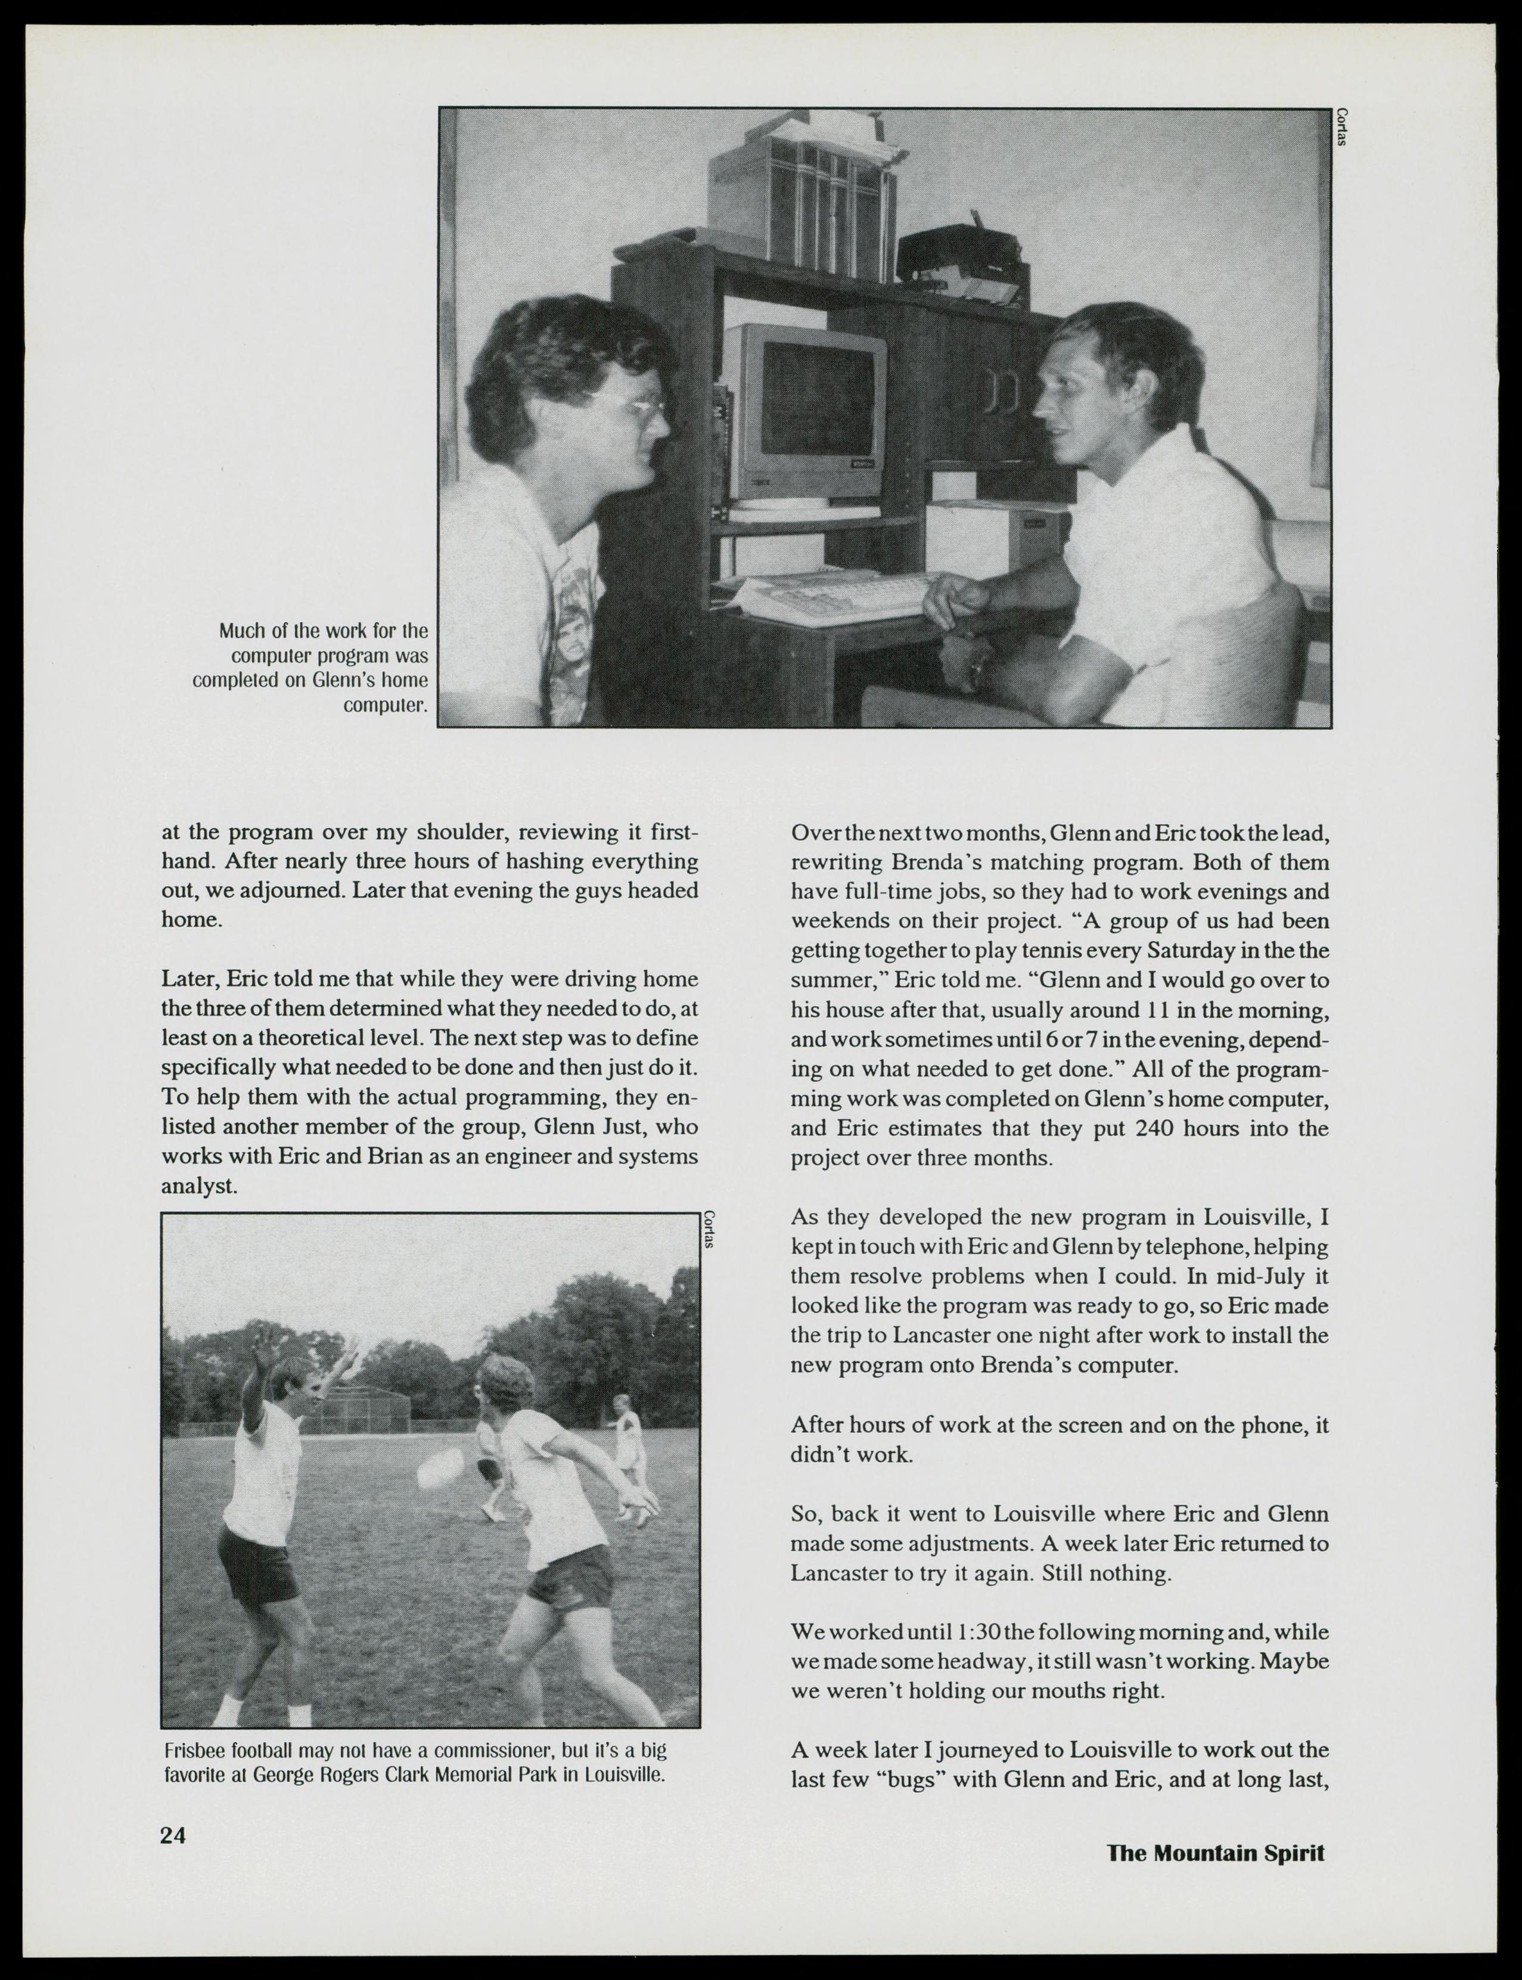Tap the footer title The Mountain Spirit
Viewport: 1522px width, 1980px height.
[x=1215, y=1852]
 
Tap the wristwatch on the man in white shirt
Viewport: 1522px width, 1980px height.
[x=977, y=672]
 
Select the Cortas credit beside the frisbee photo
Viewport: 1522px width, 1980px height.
[x=709, y=1230]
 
